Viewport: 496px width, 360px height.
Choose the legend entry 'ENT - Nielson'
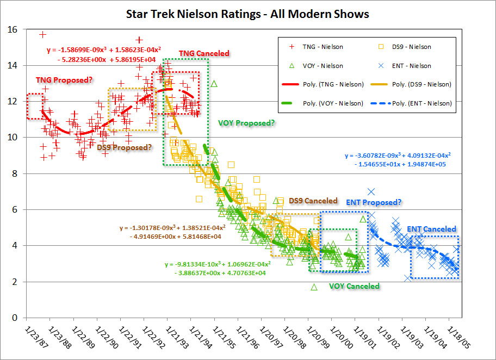coord(412,66)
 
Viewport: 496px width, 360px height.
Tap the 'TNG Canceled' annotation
coord(204,53)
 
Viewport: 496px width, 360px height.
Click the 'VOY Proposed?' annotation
coord(246,123)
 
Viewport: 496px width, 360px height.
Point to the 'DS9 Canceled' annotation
coord(313,201)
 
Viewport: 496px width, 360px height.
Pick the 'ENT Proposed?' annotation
coord(374,202)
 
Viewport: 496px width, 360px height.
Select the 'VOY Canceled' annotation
coord(354,285)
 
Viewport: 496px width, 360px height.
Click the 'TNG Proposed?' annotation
coord(64,80)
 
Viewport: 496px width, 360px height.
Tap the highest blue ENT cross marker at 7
coord(371,191)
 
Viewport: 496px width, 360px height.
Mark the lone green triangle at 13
coord(214,84)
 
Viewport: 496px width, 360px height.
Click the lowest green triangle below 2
coord(314,287)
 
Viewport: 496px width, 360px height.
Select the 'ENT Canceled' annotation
coord(431,229)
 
